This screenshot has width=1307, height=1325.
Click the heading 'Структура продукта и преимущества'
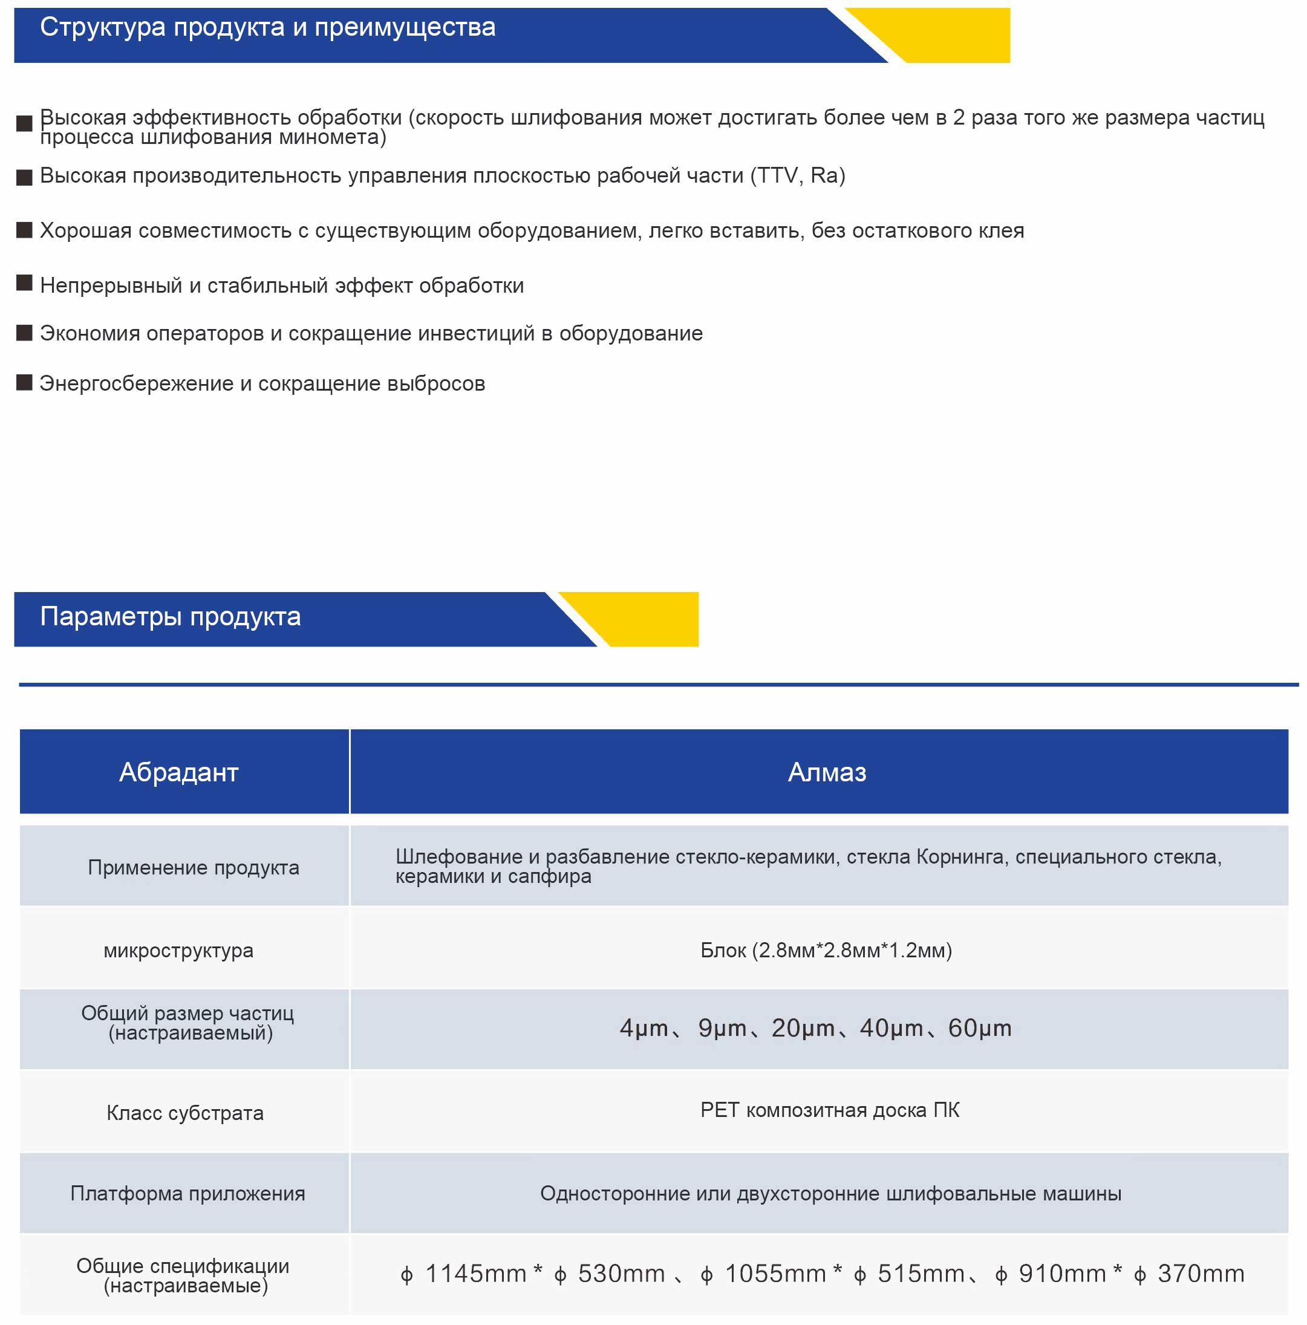pyautogui.click(x=267, y=27)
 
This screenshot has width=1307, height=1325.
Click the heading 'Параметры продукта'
pyautogui.click(x=170, y=617)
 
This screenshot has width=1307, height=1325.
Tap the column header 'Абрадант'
pyautogui.click(x=178, y=772)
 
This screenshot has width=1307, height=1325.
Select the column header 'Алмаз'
pyautogui.click(x=826, y=772)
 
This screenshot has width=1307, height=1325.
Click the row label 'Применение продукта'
pyautogui.click(x=194, y=868)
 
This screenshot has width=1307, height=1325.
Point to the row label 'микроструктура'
pyautogui.click(x=178, y=951)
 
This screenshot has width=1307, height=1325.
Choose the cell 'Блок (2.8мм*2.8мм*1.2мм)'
pyautogui.click(x=826, y=951)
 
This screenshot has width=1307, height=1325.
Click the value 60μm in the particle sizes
pyautogui.click(x=979, y=1029)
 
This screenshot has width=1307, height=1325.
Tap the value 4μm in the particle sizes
pyautogui.click(x=643, y=1029)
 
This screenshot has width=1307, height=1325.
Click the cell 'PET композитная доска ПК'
pyautogui.click(x=829, y=1110)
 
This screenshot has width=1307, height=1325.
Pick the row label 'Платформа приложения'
pyautogui.click(x=187, y=1194)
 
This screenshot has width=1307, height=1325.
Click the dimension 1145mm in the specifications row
pyautogui.click(x=475, y=1274)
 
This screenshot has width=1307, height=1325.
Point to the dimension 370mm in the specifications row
pyautogui.click(x=1200, y=1274)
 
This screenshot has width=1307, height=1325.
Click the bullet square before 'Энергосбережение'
pyautogui.click(x=24, y=383)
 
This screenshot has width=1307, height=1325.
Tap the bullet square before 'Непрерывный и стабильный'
pyautogui.click(x=24, y=283)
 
